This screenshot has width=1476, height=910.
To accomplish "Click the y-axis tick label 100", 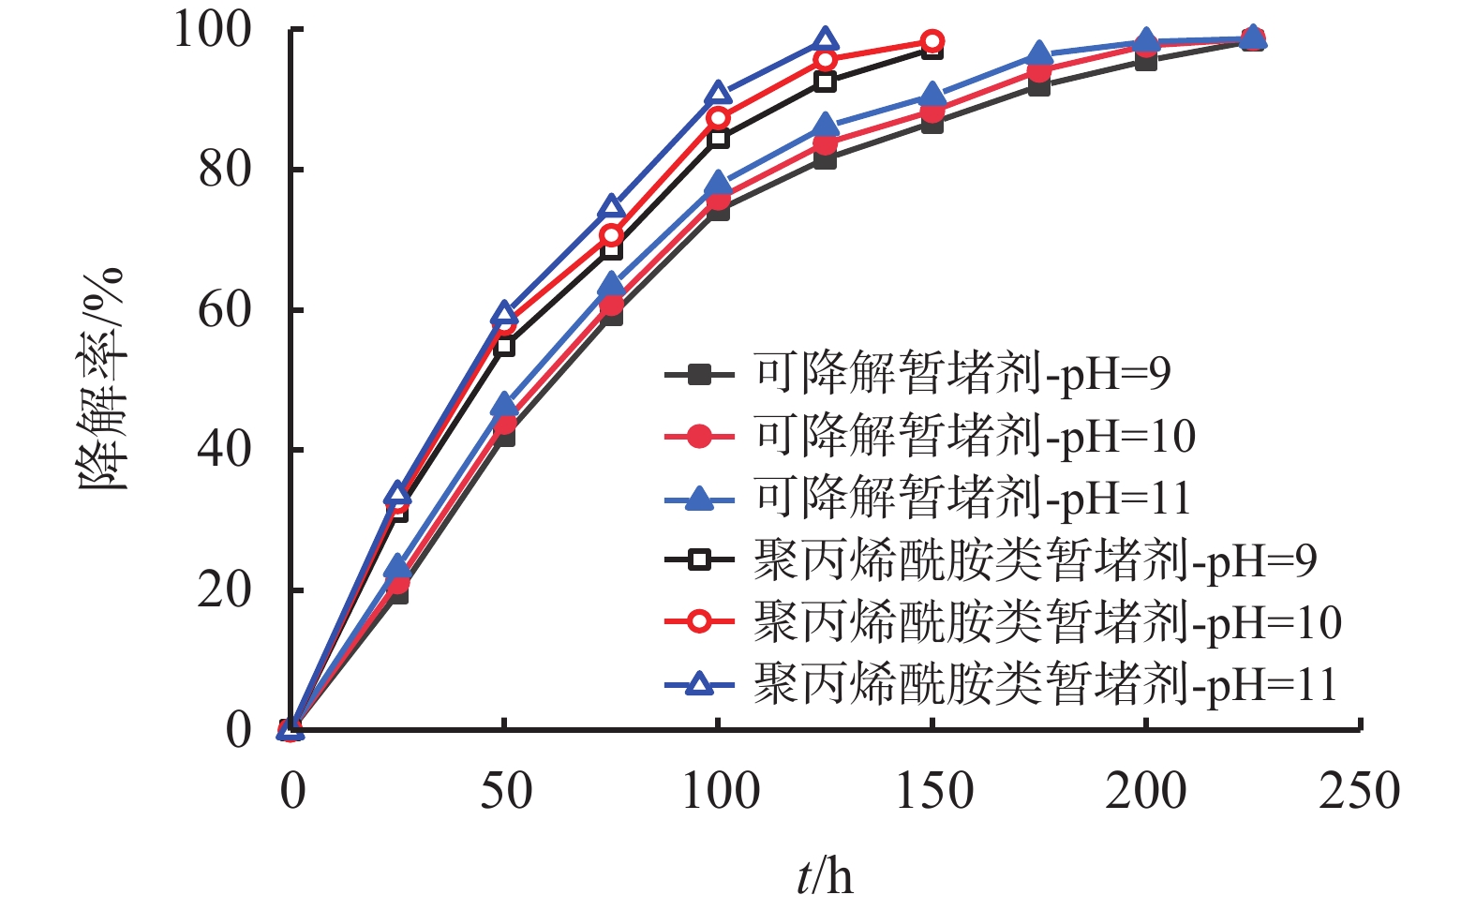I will (213, 30).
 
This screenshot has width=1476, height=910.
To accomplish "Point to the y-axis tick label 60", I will (225, 310).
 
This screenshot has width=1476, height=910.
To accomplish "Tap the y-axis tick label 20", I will (225, 590).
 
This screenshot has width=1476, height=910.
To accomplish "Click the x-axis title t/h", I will (825, 877).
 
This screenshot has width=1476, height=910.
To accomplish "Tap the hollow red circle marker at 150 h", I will (932, 41).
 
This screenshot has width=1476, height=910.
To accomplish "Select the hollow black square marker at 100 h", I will (718, 139).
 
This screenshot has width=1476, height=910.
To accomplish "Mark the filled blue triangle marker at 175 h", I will (1039, 53).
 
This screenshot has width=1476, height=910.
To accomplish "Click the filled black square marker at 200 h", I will (1146, 61).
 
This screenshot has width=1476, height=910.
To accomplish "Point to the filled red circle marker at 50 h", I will (504, 425).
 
